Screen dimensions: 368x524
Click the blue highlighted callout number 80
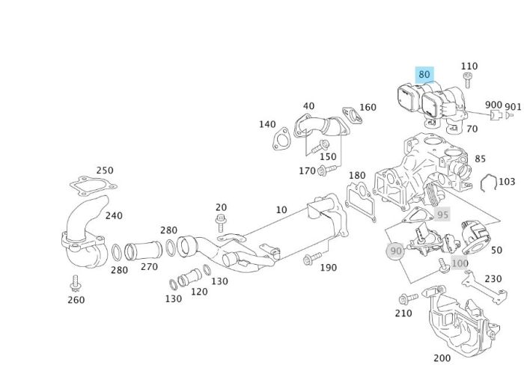point(424,74)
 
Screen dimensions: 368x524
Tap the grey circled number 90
point(396,251)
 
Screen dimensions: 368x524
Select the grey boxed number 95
point(443,215)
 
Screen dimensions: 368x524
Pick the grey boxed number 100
point(460,263)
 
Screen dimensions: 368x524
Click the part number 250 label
point(105,171)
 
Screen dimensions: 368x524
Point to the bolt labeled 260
point(75,283)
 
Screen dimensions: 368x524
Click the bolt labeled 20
point(220,221)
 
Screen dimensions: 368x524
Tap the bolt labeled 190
point(307,260)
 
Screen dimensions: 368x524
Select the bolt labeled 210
point(405,298)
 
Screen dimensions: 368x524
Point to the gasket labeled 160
point(349,117)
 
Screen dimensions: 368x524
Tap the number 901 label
point(513,107)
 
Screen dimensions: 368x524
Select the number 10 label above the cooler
point(281,210)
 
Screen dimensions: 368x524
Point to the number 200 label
point(442,358)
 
